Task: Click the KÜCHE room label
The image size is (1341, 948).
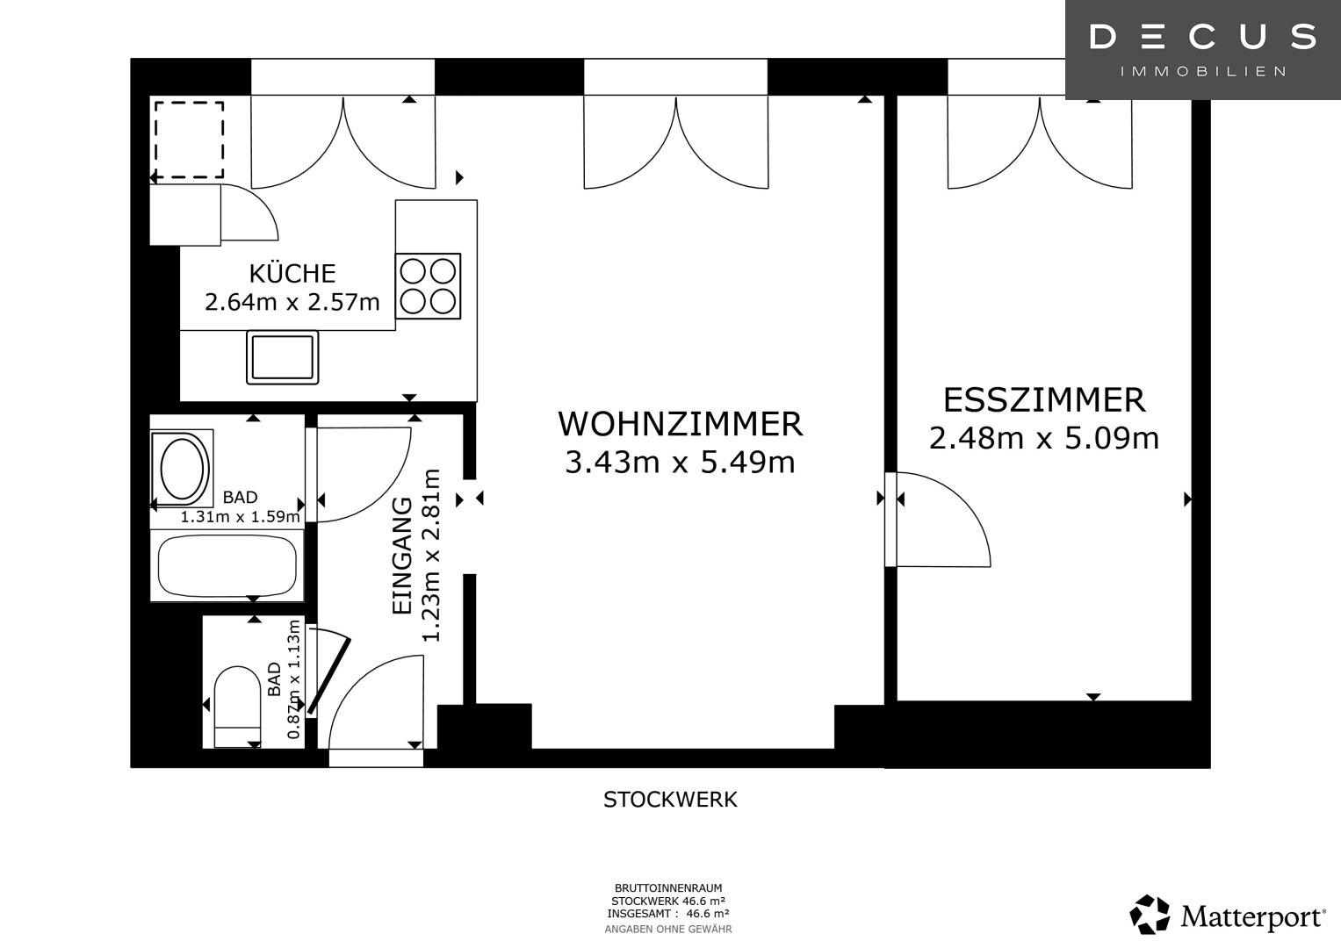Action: point(292,273)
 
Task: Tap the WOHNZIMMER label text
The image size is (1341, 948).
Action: point(680,424)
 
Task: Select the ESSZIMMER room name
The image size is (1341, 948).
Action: point(1045,400)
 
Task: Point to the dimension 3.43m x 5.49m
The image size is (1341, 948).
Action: point(680,462)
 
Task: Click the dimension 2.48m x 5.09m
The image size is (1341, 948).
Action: point(1044,438)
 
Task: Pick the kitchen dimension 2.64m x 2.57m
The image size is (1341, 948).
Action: point(292,302)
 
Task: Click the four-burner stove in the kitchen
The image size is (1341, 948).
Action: point(428,286)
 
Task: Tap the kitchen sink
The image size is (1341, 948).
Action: point(283,356)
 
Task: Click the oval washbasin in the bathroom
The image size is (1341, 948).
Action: point(182,467)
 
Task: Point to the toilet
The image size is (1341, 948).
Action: point(237,707)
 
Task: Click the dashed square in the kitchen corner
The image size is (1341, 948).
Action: point(189,140)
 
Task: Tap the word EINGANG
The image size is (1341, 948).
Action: point(402,556)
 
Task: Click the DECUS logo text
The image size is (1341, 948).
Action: point(1203,36)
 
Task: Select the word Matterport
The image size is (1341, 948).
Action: point(1253,916)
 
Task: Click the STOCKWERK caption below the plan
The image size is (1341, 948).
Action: point(670,800)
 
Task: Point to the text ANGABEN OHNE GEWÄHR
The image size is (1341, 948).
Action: point(668,930)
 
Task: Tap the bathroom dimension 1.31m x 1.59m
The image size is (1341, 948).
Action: point(240,516)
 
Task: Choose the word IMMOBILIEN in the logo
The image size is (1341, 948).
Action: point(1203,72)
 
